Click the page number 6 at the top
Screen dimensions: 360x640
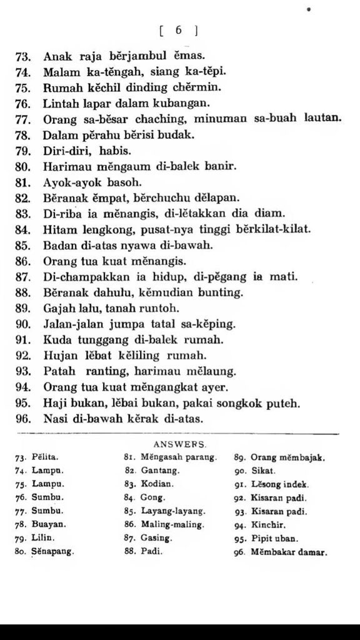[x=179, y=30]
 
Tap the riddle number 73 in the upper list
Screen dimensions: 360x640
[x=23, y=56]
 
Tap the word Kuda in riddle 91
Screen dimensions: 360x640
[x=56, y=341]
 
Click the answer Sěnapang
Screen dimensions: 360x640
[x=53, y=551]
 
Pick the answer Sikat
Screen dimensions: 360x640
[x=263, y=471]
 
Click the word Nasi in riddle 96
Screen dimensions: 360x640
[x=56, y=419]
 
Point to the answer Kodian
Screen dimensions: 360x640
[x=157, y=484]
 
